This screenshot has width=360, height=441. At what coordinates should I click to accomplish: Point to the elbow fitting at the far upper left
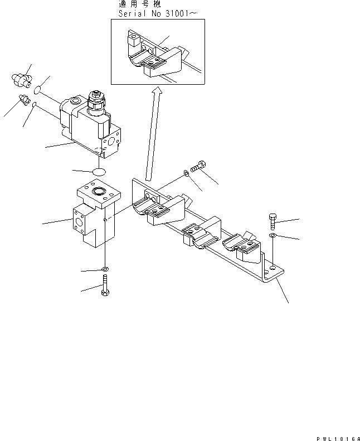click(x=21, y=80)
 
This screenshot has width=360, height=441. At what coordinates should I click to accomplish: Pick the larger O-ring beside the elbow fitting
click(x=37, y=90)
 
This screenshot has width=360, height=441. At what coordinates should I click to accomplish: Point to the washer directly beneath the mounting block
click(x=105, y=270)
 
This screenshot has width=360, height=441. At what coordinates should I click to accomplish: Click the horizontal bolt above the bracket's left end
click(x=199, y=166)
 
